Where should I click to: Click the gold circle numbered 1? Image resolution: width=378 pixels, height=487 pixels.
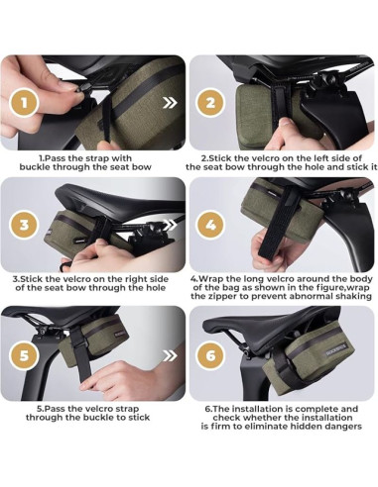[x=24, y=104]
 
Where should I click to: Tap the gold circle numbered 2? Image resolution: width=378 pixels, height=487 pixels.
[x=210, y=104]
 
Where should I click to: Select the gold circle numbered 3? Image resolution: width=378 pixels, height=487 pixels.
[x=24, y=226]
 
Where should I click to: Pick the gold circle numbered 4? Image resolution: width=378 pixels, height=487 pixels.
[x=210, y=226]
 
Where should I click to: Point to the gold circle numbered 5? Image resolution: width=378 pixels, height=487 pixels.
[x=24, y=356]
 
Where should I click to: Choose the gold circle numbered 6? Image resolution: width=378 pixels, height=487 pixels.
[x=210, y=356]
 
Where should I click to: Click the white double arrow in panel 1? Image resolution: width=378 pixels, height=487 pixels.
[x=170, y=103]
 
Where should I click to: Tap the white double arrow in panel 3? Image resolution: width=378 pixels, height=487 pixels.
[x=170, y=226]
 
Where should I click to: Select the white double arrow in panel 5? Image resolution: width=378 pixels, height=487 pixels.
[x=170, y=355]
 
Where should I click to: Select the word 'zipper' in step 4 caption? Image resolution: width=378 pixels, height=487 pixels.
[x=222, y=296]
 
